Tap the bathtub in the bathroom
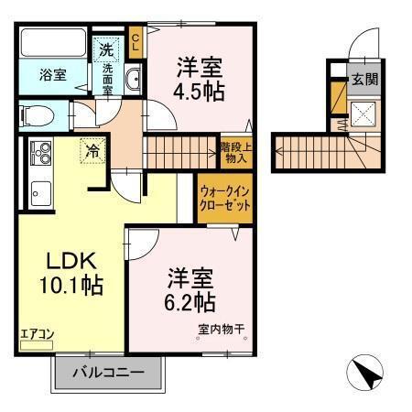point(52,45)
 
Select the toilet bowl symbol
point(38,115)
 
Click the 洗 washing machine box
point(107,49)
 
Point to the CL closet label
point(136,41)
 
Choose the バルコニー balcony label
point(110,374)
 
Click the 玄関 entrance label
point(364,79)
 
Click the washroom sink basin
point(133,80)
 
